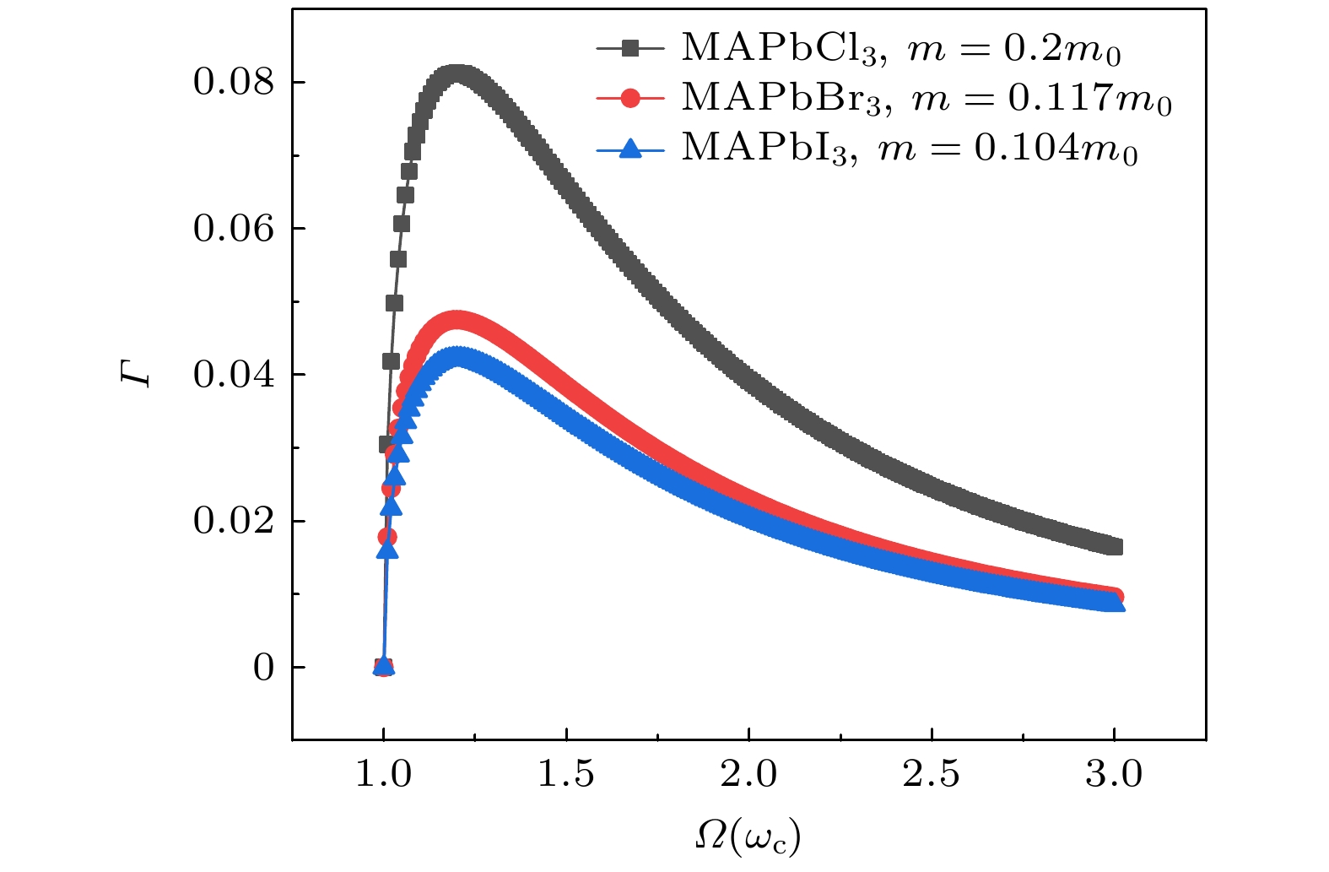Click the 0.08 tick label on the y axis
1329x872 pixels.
(x=234, y=83)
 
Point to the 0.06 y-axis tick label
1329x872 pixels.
(x=234, y=229)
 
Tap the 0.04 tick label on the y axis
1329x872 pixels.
(x=234, y=375)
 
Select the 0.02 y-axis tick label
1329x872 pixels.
(x=234, y=521)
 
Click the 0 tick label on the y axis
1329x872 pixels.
(x=264, y=668)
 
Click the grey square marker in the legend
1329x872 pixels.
(x=629, y=49)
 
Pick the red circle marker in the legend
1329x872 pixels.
(x=629, y=99)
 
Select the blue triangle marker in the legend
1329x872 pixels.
(x=629, y=149)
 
